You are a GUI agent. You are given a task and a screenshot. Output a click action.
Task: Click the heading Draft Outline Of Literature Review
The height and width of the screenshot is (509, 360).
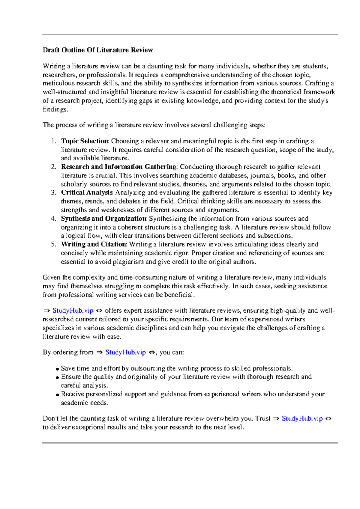point(98,50)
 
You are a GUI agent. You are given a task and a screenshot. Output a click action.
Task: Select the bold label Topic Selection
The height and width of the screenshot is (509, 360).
point(85,141)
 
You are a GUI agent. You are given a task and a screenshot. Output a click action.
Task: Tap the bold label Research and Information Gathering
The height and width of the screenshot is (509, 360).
point(119,167)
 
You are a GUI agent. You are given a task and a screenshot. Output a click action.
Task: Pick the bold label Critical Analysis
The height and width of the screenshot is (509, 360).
point(87,192)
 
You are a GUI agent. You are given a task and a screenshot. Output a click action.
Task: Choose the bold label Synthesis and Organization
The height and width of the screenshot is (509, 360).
point(104,219)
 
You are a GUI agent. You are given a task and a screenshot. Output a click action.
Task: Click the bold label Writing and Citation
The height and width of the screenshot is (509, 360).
point(94,244)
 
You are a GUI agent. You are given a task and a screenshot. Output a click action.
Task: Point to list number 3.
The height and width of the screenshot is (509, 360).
point(53,192)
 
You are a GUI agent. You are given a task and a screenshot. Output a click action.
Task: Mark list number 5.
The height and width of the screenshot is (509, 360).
point(53,244)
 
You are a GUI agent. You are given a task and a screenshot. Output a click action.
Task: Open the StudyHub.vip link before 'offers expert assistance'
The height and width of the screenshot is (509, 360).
point(73,311)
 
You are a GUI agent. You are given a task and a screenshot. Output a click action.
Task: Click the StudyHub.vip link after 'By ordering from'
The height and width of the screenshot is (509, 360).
point(125,352)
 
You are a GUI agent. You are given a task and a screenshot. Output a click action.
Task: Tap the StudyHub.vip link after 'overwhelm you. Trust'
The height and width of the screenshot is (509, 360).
point(302,418)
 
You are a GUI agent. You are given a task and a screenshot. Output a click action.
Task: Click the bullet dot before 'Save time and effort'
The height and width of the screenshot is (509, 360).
point(58,369)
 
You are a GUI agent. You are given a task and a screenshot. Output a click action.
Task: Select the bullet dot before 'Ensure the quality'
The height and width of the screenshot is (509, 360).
point(58,378)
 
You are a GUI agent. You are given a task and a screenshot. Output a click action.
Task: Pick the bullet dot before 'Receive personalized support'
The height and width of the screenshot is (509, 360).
point(58,395)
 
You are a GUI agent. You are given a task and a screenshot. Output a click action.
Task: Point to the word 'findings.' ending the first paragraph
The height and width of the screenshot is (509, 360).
point(55,109)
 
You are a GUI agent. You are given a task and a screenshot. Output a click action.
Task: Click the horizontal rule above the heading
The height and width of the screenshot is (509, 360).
point(190,35)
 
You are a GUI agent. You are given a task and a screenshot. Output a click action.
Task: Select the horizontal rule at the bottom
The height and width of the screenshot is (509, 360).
point(190,443)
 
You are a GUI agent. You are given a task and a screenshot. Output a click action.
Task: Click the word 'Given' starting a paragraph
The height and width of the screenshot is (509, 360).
point(52,278)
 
